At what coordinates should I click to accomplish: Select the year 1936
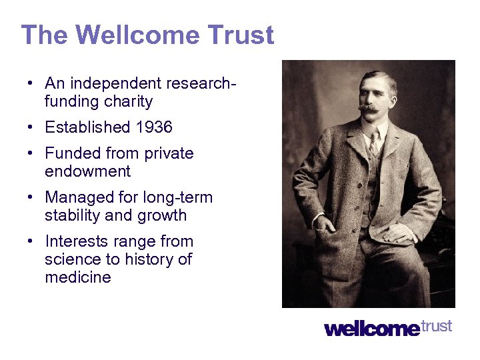coord(153,127)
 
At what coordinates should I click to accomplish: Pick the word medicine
coord(77,277)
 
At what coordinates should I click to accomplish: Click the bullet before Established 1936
coord(31,127)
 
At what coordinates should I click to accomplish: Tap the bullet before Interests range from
coord(31,242)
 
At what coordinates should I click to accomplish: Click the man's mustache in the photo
coord(368,107)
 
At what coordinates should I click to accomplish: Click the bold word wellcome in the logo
coord(372,329)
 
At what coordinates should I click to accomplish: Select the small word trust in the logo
coord(437,326)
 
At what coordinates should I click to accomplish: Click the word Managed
coord(74,197)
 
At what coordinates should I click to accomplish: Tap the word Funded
coord(69,153)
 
